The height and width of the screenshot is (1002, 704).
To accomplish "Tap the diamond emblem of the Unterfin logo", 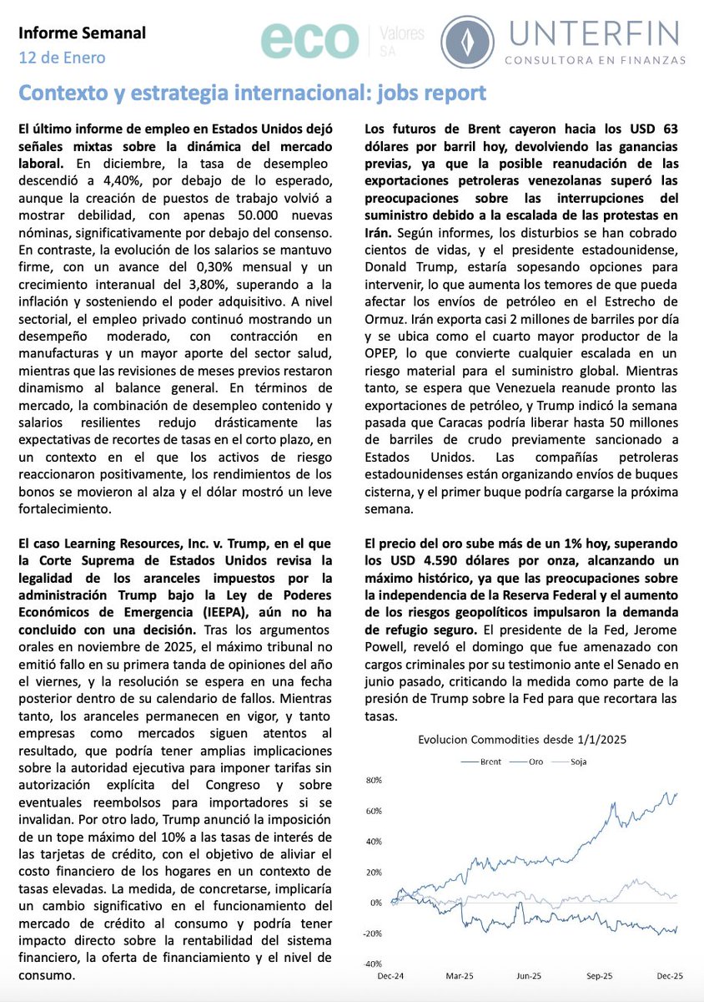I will pyautogui.click(x=467, y=42).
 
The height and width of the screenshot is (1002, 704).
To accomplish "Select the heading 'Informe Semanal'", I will pyautogui.click(x=82, y=33).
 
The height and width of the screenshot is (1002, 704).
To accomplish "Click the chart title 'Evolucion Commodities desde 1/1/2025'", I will pyautogui.click(x=521, y=739).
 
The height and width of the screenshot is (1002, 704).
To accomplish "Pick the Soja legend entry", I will pyautogui.click(x=576, y=762).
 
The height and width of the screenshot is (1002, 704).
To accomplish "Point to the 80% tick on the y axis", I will pyautogui.click(x=374, y=781).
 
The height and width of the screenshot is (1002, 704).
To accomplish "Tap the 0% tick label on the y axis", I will pyautogui.click(x=376, y=902).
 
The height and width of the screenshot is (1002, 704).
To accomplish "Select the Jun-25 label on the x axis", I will pyautogui.click(x=528, y=975).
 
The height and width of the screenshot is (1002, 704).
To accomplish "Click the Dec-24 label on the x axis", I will pyautogui.click(x=384, y=975).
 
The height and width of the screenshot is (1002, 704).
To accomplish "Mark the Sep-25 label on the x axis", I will pyautogui.click(x=600, y=975).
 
